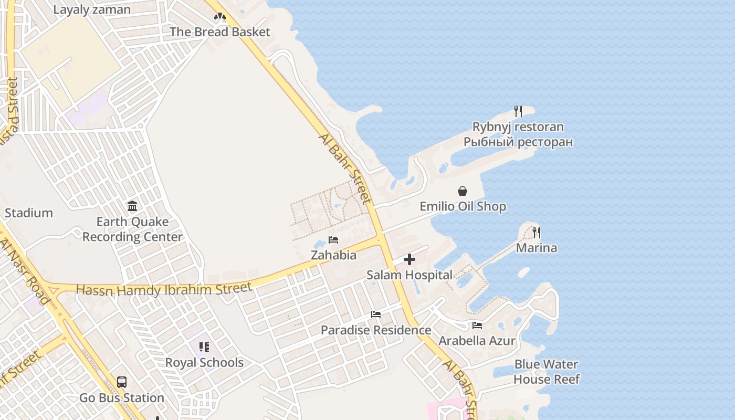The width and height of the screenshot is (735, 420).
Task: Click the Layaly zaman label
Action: click(92, 10)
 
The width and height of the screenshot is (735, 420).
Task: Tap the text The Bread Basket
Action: click(219, 32)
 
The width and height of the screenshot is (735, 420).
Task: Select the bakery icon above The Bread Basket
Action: click(219, 17)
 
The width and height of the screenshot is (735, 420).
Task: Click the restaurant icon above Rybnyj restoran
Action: click(518, 111)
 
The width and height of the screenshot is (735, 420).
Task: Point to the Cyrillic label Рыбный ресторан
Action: click(518, 142)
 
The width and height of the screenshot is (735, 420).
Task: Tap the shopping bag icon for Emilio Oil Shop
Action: click(463, 191)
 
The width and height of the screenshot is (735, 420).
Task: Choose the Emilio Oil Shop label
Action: click(463, 206)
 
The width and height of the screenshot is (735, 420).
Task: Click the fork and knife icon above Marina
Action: click(536, 232)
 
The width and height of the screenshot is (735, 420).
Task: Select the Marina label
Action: click(537, 248)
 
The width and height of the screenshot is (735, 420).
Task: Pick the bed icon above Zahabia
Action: click(333, 240)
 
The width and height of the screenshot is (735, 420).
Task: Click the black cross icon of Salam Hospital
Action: click(409, 259)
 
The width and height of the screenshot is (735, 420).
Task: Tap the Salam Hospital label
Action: click(409, 275)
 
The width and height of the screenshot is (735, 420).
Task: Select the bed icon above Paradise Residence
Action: click(376, 314)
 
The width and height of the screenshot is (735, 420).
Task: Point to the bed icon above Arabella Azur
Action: click(477, 325)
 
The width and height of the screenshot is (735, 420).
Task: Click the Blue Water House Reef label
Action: click(547, 372)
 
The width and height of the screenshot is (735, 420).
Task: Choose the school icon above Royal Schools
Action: click(204, 347)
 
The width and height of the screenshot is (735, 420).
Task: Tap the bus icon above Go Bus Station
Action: click(122, 382)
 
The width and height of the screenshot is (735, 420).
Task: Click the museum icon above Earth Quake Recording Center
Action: click(132, 206)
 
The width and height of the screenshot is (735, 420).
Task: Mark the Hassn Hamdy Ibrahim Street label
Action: click(164, 289)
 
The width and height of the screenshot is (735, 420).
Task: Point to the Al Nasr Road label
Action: click(25, 271)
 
